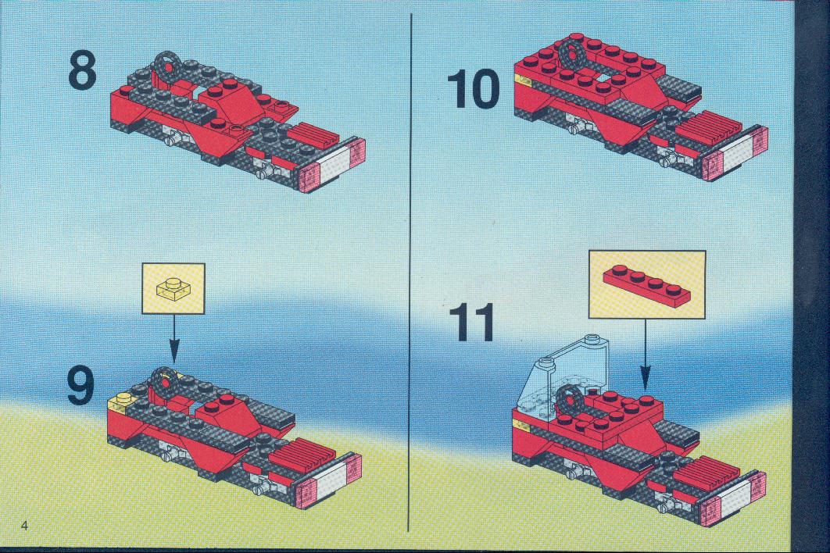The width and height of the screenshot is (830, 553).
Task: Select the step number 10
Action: (x=474, y=88)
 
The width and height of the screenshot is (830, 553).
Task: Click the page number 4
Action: (x=23, y=525)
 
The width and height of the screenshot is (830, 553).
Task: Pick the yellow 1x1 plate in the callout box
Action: (x=173, y=288)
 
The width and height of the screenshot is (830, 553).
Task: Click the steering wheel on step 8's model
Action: (x=168, y=66)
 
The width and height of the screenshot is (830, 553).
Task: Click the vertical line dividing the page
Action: (x=410, y=273)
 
